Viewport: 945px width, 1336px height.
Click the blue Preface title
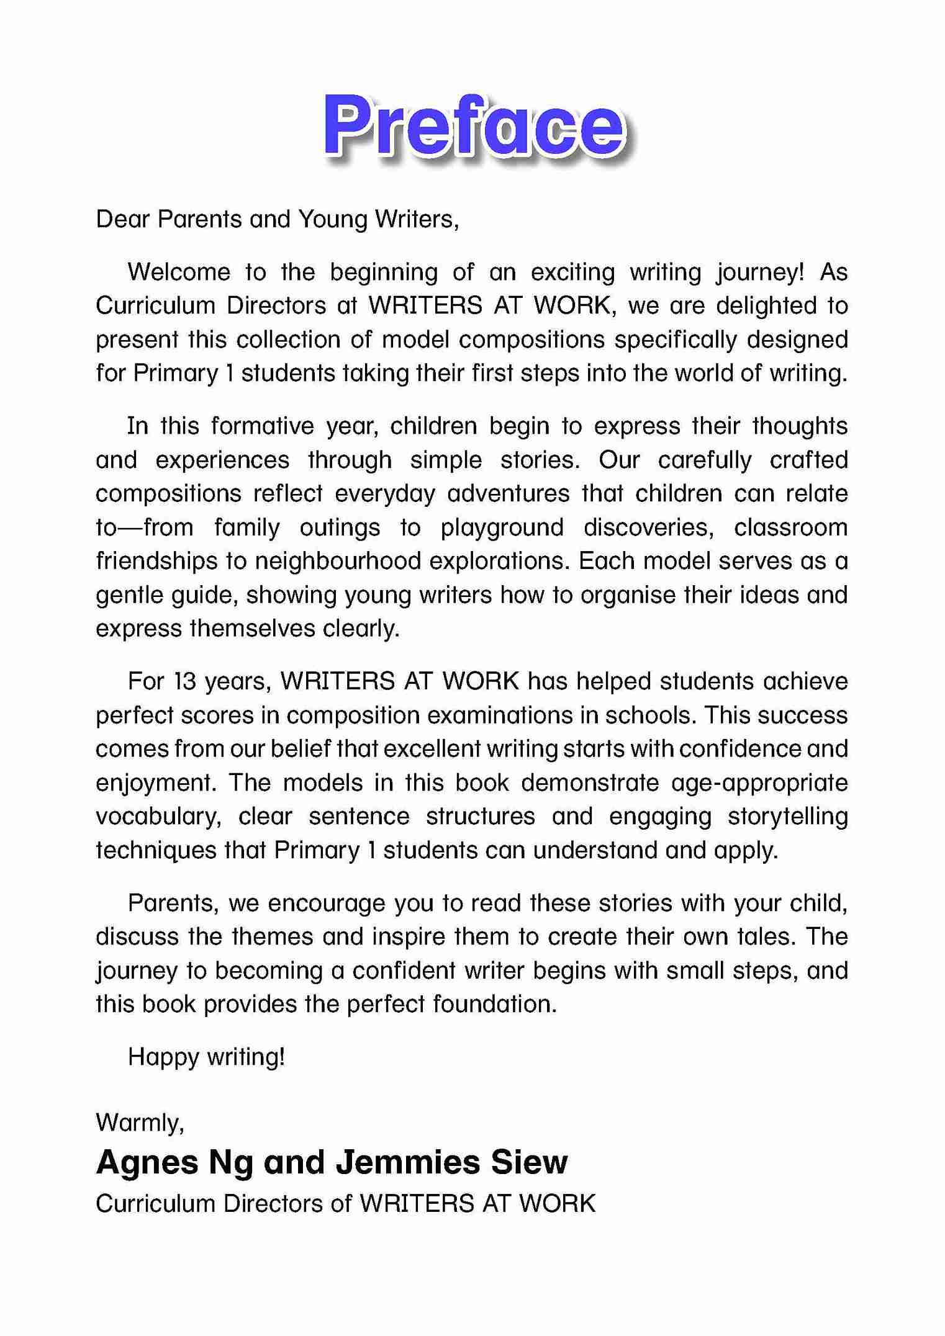(473, 126)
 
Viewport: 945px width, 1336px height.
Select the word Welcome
(179, 272)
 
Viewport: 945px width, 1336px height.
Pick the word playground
(502, 527)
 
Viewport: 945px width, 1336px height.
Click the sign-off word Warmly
(140, 1123)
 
